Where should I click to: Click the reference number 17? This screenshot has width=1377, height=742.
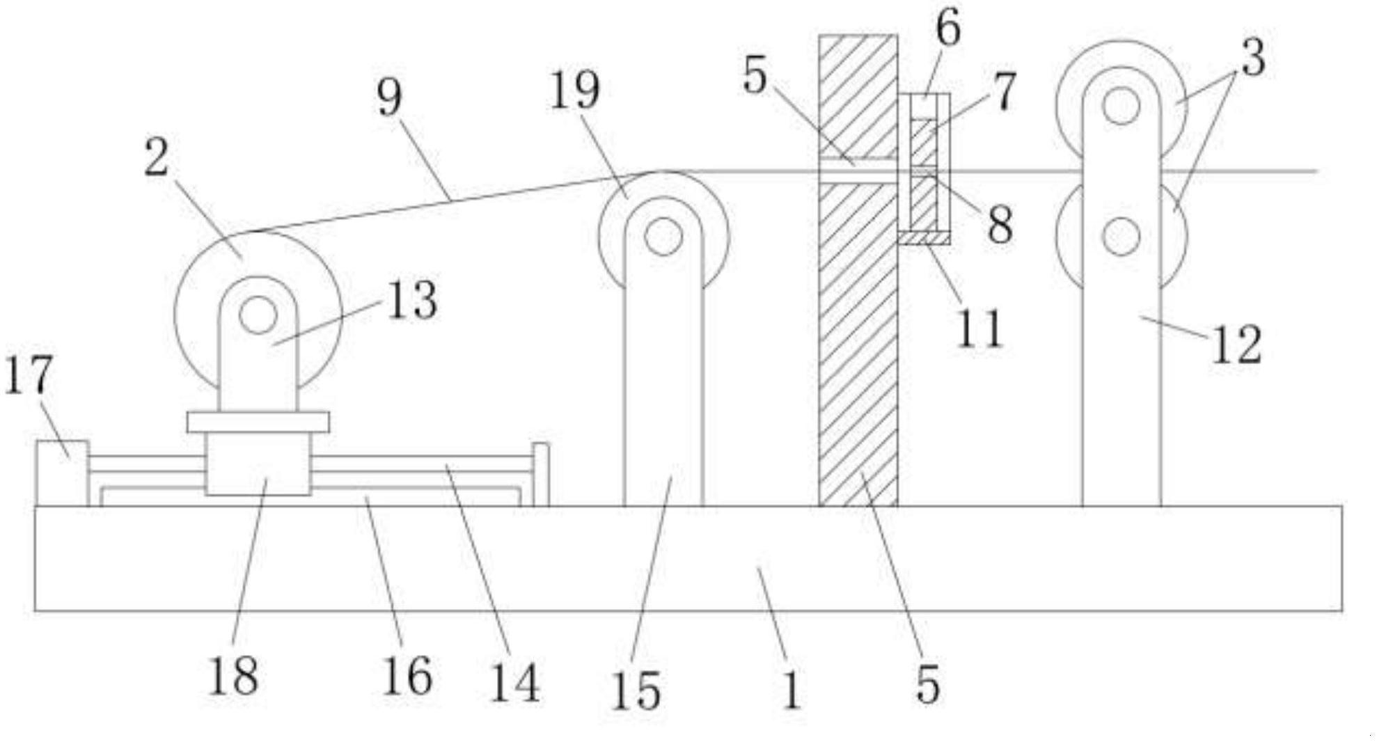29,374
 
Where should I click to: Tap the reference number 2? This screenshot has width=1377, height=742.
157,158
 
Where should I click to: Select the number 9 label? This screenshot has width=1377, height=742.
390,97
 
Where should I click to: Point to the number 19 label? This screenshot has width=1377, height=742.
575,90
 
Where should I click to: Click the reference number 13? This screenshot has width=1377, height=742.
412,300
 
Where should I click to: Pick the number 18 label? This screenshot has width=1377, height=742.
234,676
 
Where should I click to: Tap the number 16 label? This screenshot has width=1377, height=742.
408,677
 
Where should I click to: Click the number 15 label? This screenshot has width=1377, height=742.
636,690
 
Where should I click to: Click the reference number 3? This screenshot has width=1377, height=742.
1254,57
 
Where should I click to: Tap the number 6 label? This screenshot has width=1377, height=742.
948,29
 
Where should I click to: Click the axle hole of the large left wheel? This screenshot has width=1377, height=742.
258,315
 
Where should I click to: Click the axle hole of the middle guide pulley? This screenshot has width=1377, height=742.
663,237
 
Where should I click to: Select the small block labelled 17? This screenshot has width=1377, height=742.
62,473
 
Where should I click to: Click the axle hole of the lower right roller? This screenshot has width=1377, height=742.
1121,236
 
